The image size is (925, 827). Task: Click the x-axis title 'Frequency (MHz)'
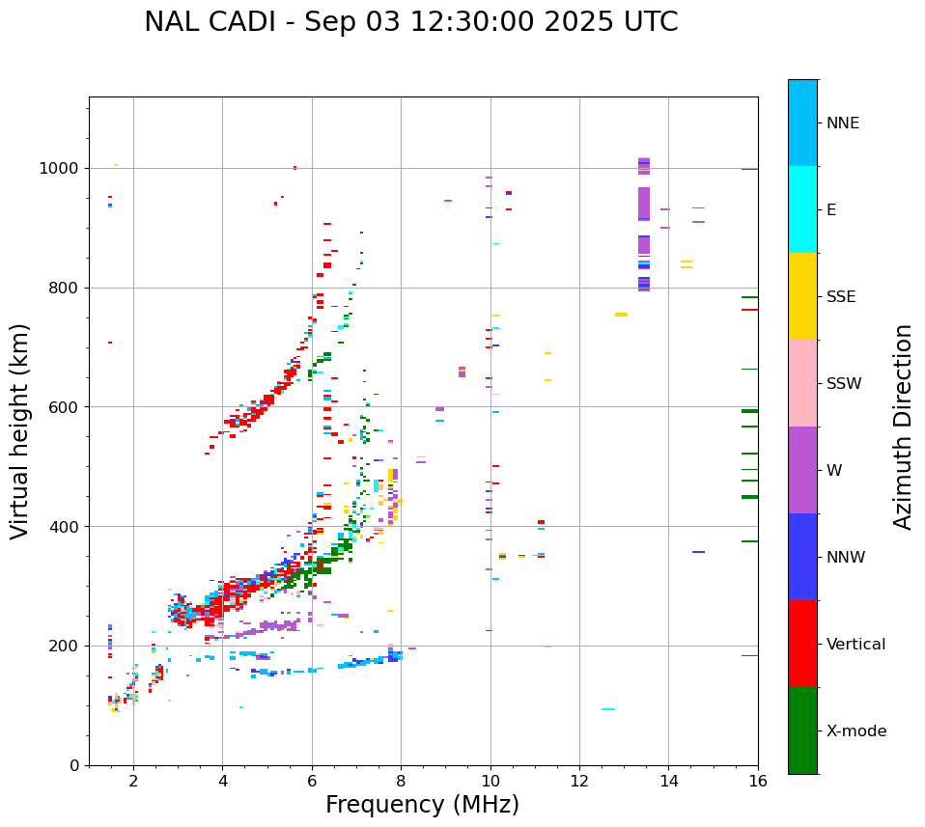422,805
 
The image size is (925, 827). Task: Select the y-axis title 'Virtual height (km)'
20,430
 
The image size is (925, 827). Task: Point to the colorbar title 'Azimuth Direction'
903,427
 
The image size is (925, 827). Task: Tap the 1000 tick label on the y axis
60,168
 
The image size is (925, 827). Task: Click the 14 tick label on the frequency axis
668,781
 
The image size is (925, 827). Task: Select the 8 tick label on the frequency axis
401,781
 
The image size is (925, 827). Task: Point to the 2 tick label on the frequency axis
133,781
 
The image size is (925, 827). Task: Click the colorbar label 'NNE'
842,124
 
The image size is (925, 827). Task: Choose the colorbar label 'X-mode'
855,731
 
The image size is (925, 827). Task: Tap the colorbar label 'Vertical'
855,645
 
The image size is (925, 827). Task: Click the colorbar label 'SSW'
844,384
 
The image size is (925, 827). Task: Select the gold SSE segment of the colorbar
802,296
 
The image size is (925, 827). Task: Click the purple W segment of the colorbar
802,470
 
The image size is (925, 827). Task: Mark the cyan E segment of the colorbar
802,209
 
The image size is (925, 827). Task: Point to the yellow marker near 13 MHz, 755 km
621,315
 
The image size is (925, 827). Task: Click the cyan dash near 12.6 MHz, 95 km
608,709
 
